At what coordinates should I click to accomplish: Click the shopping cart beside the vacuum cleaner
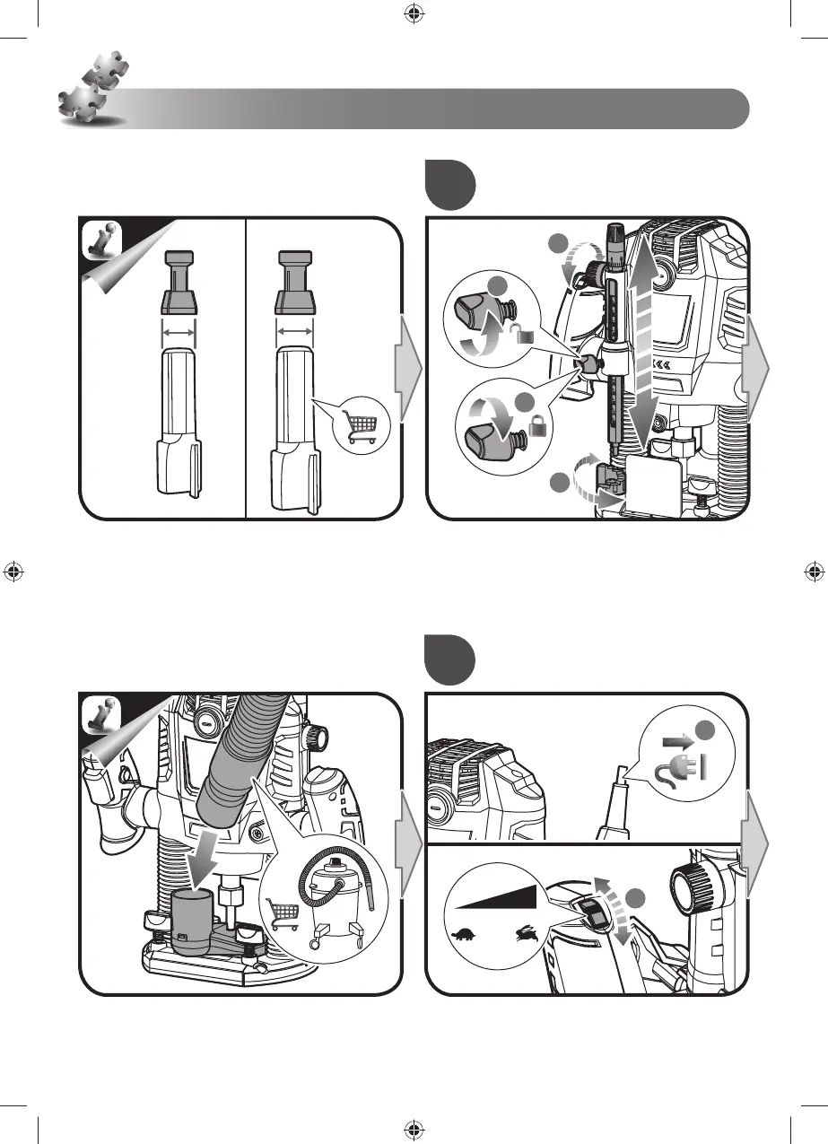(283, 914)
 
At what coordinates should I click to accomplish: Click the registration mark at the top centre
(414, 14)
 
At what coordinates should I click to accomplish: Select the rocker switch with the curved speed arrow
(593, 914)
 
